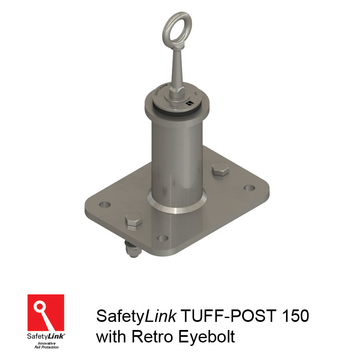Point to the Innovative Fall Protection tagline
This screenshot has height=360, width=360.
pyautogui.click(x=46, y=345)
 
